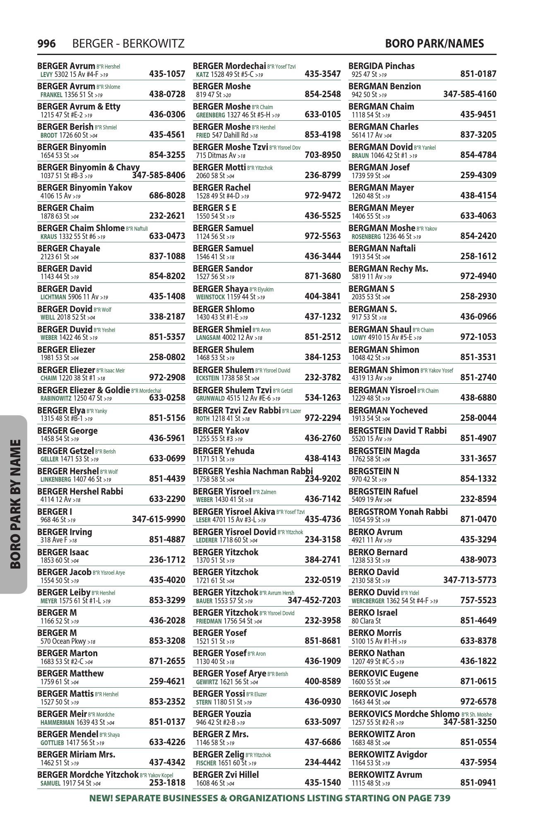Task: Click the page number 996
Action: [46, 43]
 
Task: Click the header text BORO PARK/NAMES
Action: [434, 43]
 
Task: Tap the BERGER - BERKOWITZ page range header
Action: [128, 43]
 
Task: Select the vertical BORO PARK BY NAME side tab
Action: [15, 504]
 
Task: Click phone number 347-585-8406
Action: [159, 175]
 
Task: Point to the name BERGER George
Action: [67, 431]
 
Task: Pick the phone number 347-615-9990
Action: [159, 519]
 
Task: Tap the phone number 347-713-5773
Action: [470, 580]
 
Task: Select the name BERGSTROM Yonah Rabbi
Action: [398, 512]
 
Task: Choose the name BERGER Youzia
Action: [222, 714]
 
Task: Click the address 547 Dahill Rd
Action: [231, 135]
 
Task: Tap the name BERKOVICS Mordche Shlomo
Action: [404, 714]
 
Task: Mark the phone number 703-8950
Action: [322, 155]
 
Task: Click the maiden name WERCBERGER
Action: [368, 601]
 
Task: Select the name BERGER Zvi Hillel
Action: [226, 775]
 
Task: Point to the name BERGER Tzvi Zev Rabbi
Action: [237, 411]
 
